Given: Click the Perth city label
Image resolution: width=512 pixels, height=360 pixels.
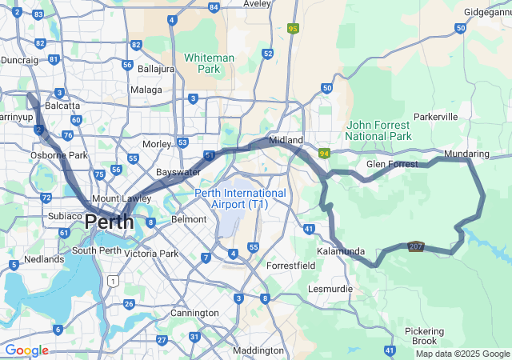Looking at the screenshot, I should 109,222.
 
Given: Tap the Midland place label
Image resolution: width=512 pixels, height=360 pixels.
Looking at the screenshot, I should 286,140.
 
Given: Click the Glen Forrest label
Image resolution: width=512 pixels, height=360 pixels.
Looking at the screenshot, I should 392,164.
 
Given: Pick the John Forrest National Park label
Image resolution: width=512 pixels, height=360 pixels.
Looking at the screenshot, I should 379,130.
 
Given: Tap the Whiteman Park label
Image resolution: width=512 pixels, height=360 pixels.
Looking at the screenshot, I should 209,63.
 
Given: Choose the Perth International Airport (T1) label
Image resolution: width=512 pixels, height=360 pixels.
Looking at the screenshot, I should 240,198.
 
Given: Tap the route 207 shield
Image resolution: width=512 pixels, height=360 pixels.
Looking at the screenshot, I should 414,246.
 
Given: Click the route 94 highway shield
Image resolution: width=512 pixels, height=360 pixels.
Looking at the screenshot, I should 324,153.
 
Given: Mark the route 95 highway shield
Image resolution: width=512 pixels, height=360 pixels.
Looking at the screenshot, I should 293,28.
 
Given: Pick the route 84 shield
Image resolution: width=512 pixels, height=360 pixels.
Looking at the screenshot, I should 213,7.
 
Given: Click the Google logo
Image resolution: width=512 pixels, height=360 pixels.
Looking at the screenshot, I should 26,350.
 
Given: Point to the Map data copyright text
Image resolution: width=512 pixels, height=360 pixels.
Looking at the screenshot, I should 462,354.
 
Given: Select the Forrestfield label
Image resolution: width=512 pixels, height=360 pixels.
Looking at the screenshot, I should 291,265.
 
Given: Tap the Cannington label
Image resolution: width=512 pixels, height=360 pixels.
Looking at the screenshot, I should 194,313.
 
